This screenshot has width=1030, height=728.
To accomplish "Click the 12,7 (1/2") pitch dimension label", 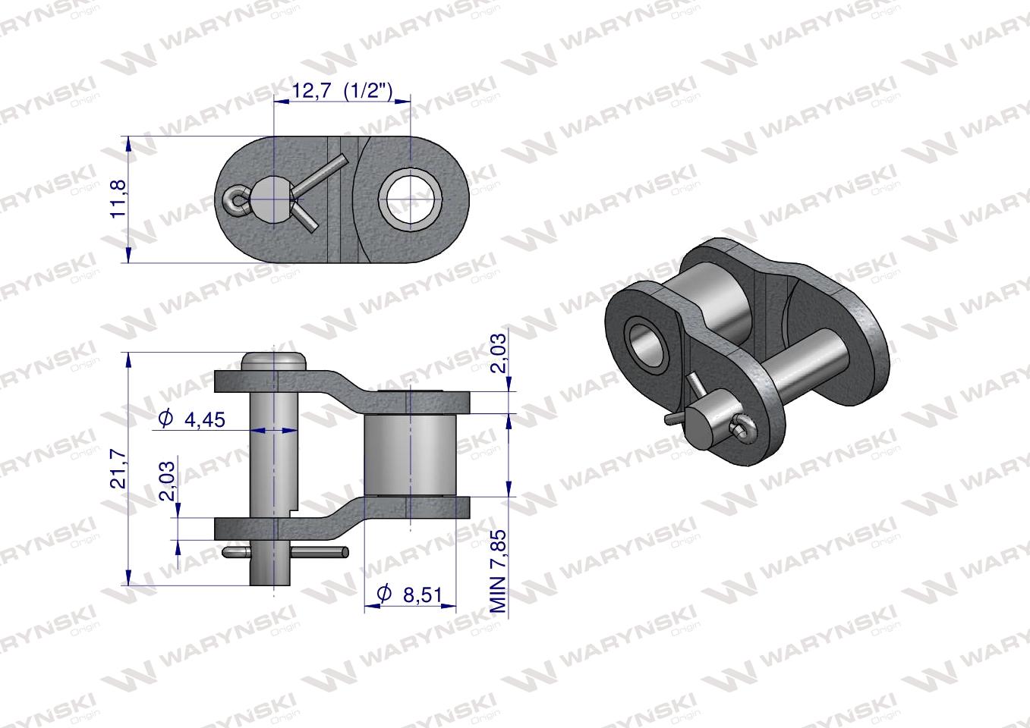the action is [x=342, y=92].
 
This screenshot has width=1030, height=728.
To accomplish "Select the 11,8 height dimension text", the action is [x=118, y=199].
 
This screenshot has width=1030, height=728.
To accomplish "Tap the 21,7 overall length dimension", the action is [x=118, y=469].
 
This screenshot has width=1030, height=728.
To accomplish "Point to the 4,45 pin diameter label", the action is [x=204, y=419].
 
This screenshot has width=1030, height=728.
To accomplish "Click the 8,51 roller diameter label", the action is [x=422, y=595].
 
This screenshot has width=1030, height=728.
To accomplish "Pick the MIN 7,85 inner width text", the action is [x=498, y=571].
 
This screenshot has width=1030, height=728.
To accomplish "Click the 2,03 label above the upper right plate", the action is [x=498, y=353].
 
